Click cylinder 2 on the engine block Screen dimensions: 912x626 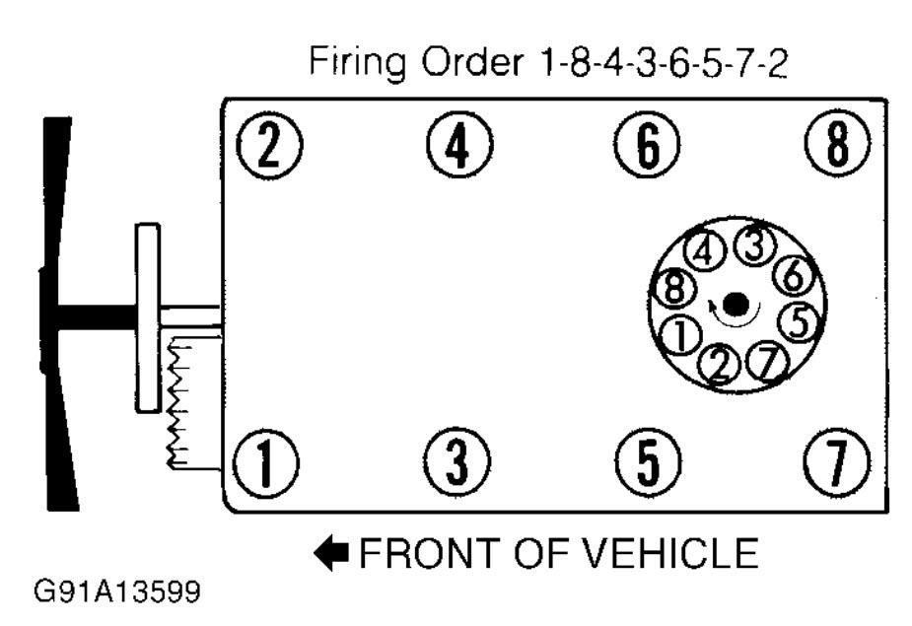269,144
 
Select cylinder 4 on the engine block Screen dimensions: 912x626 458,144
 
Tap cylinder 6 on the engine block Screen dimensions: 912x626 647,144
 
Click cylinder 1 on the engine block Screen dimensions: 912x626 266,463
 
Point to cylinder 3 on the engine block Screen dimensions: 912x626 457,462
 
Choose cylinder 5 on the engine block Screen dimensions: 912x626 648,462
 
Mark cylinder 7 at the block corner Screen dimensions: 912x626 837,462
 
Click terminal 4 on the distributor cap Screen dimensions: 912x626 705,251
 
